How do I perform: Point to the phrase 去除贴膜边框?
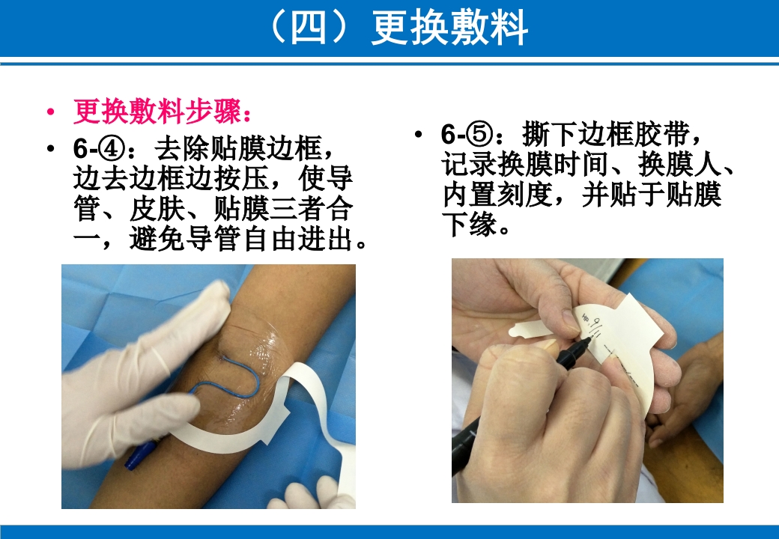coord(240,148)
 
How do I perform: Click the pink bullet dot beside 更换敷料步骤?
coord(51,113)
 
